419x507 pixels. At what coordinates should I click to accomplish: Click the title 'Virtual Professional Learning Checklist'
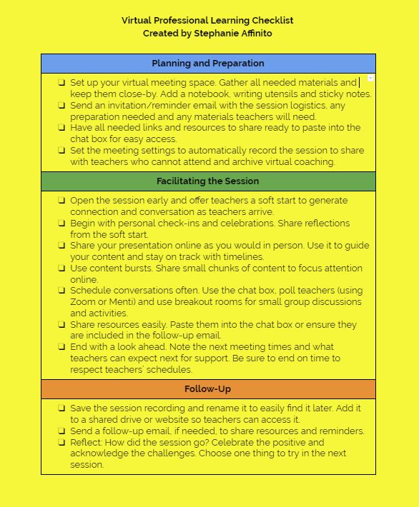point(207,21)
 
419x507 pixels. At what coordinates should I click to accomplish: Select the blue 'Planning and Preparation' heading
point(208,64)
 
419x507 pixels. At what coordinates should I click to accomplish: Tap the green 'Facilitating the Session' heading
point(208,181)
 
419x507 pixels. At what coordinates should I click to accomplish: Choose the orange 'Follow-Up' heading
point(208,389)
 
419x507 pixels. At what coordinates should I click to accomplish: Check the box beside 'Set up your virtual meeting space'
point(62,83)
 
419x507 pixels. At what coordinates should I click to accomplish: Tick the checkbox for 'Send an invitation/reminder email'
point(62,106)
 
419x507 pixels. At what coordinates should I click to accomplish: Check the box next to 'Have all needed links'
point(62,128)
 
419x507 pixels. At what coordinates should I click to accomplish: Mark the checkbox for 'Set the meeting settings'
point(62,151)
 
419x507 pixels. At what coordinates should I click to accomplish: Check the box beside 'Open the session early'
point(62,201)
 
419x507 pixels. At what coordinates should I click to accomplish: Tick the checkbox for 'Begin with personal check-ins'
point(62,224)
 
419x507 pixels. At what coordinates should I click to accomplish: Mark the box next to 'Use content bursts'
point(62,268)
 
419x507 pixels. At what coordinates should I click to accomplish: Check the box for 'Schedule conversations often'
point(62,291)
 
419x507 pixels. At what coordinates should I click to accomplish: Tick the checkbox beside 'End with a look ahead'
point(62,347)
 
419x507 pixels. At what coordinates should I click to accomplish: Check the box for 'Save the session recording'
point(62,408)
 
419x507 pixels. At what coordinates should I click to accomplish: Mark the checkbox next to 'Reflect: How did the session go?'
point(62,442)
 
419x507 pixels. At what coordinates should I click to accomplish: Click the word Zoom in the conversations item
point(83,302)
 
